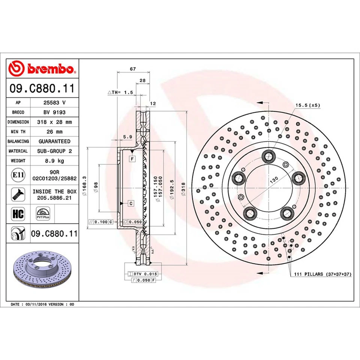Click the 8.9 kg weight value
55,160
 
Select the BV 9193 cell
55,112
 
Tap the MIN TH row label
18,132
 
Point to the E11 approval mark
16,175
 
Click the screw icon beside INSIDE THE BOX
17,194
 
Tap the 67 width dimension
133,69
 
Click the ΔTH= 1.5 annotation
120,92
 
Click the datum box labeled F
132,159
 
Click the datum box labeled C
131,203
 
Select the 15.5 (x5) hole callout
307,106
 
